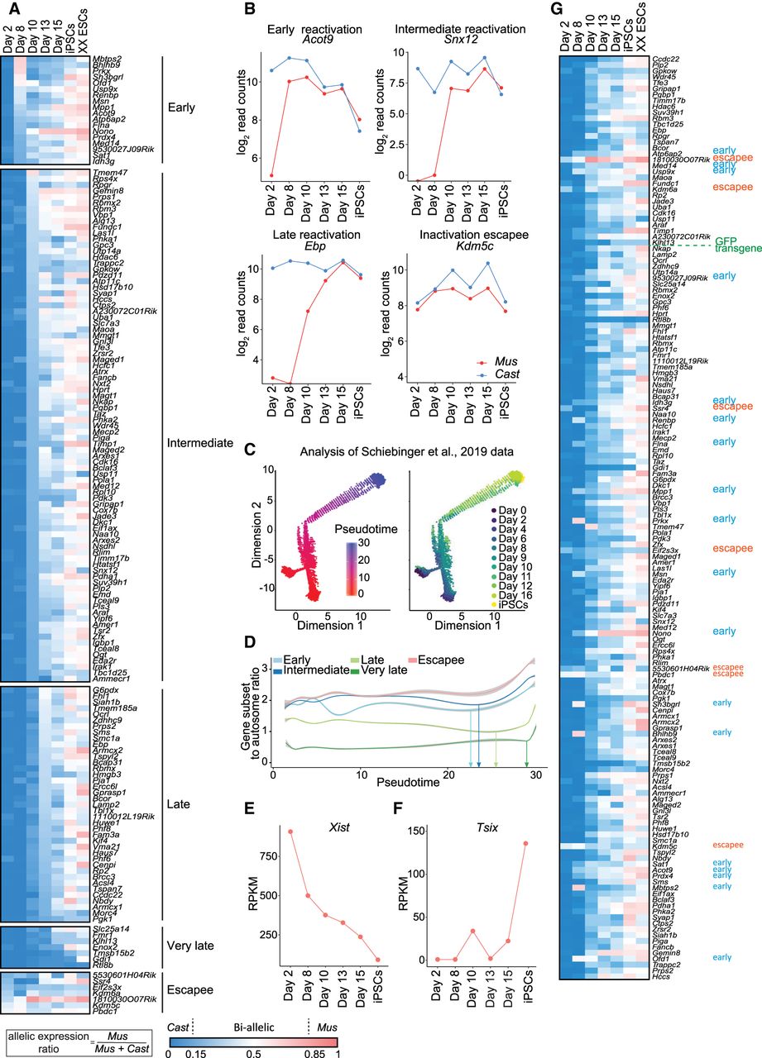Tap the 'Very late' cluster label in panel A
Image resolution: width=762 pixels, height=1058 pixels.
coord(189,946)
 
